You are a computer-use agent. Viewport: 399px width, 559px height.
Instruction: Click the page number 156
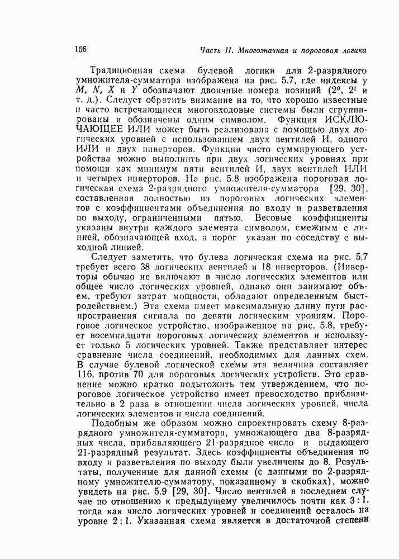[79, 49]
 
